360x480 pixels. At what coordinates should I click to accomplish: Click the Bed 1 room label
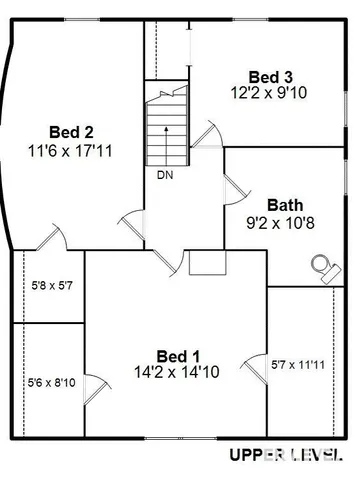coord(179,355)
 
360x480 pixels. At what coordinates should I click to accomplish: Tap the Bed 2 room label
coord(71,131)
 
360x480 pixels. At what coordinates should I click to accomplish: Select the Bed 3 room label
coord(270,77)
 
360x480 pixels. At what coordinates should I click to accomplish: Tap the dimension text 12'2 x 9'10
coord(270,92)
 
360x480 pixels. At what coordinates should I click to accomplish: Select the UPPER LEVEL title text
coord(285,456)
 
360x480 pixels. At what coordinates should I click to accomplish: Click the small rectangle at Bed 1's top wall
coord(208,261)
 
